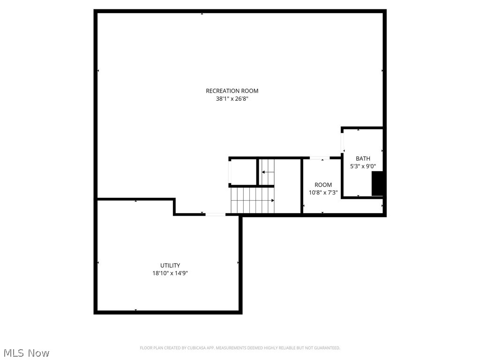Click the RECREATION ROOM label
point(232,91)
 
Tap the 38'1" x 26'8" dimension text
point(232,99)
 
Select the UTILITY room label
point(170,265)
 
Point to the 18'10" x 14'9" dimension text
point(170,273)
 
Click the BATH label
point(363,158)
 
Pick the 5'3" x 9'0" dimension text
point(363,166)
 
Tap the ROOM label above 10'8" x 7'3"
point(323,185)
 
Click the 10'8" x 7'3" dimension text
point(323,193)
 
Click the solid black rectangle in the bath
point(378,184)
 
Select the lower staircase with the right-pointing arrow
point(252,200)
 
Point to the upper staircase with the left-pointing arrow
point(268,172)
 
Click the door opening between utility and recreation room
point(215,215)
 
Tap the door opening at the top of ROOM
point(319,158)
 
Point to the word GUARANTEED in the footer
point(328,348)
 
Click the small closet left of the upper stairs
point(243,172)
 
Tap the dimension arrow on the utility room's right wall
point(238,263)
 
